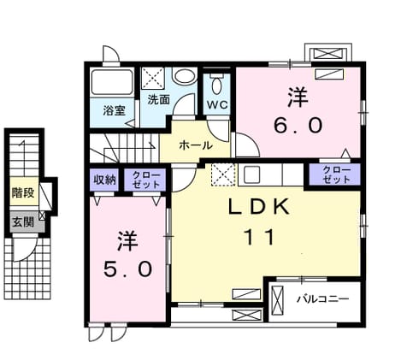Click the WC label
coord(217,104)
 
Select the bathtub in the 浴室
coord(112,82)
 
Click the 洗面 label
coord(158,99)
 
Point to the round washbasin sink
coord(185,76)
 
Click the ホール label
coord(196,145)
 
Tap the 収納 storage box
coord(104,180)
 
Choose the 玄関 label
coord(23,221)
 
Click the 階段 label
coord(23,192)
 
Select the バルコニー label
coord(323,299)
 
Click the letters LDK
coord(259,208)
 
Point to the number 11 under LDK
coord(259,237)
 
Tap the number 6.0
coord(298,126)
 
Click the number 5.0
coord(127,269)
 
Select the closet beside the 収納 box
coord(145,180)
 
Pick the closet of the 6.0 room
coord(335,174)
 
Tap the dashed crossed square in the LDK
coord(223,174)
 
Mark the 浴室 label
coord(114,110)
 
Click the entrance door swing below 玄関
coord(25,249)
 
